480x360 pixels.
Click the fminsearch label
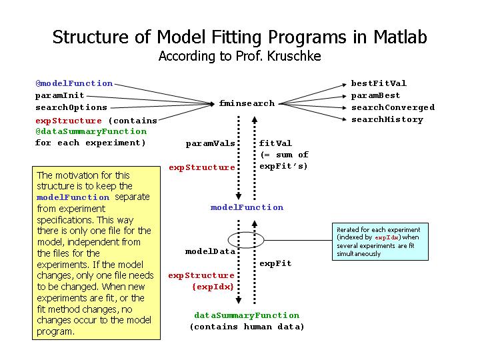click(247, 103)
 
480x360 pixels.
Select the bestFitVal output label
click(379, 83)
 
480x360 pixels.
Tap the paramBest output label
click(375, 95)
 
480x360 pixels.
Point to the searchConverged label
click(393, 107)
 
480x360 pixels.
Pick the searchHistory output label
click(387, 119)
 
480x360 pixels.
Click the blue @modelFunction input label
click(74, 83)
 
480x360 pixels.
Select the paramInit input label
click(60, 95)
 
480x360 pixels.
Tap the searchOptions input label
click(71, 107)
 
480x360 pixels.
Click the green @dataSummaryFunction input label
click(91, 131)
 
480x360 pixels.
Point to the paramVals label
click(210, 143)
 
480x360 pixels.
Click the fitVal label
click(275, 143)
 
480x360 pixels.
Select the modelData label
click(210, 251)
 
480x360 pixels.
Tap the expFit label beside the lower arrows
click(275, 263)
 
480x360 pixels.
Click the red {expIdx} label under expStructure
click(213, 287)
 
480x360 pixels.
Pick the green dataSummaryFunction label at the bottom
click(247, 315)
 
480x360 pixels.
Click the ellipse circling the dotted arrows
click(229, 240)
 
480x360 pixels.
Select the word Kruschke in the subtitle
click(293, 56)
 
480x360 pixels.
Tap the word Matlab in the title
click(400, 37)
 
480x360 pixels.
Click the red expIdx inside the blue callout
click(387, 237)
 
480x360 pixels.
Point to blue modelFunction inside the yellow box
click(73, 197)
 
